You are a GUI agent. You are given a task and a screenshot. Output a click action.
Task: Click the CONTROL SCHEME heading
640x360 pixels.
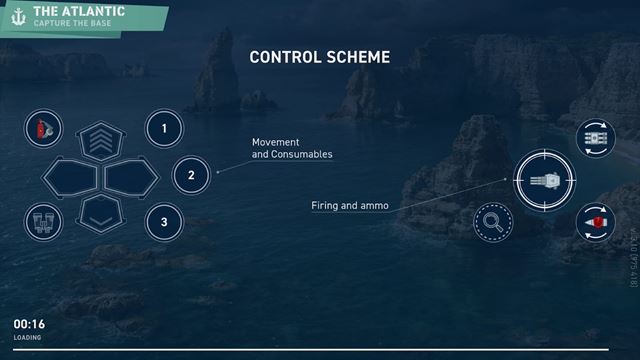coord(319,57)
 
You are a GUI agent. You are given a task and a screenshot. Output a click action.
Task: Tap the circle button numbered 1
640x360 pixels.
coord(164,128)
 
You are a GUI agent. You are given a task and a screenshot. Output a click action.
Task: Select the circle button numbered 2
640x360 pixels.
coord(190,176)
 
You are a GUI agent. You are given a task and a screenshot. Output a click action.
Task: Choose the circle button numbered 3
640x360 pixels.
coord(164,221)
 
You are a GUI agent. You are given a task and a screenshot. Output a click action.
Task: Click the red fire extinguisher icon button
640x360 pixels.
coord(43,128)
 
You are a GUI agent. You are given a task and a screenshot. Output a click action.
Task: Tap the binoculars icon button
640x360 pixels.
coord(43,222)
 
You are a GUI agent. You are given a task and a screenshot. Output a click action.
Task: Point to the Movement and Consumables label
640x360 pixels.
coord(291,149)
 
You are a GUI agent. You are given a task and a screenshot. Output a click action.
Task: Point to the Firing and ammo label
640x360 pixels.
coord(350,206)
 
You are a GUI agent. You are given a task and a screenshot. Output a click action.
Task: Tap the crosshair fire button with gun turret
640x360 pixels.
coord(547,181)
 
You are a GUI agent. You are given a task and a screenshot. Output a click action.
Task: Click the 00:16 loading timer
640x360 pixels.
coord(29,324)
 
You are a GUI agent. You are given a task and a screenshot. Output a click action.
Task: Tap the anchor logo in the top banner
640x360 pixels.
coord(16,16)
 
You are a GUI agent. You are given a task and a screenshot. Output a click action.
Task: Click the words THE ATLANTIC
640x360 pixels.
coord(79,11)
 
